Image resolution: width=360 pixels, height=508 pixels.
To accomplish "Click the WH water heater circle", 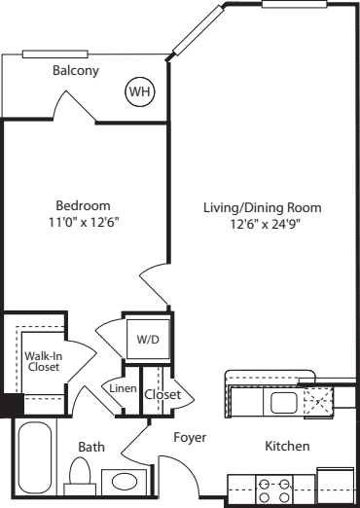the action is click(140, 91).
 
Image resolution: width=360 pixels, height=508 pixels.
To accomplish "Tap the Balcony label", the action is click(76, 71).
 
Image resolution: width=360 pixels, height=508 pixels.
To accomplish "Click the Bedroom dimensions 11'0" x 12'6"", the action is click(83, 223).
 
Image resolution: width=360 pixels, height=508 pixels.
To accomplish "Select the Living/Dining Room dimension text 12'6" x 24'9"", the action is click(263, 225).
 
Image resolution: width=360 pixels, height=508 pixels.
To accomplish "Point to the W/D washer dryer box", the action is click(148, 339).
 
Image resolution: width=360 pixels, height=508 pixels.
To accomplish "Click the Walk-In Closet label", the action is click(44, 361).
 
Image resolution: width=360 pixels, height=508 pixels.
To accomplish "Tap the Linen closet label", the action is click(123, 388).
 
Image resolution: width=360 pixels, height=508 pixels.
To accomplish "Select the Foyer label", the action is click(190, 437).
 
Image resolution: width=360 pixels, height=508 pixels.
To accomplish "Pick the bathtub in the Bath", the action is click(35, 457).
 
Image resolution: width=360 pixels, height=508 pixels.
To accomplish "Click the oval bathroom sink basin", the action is click(125, 482).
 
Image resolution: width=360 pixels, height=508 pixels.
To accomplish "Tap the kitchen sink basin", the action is click(284, 403).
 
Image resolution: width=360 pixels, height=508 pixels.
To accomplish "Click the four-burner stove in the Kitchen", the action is click(274, 490).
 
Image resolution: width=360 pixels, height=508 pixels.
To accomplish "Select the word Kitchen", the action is click(287, 446).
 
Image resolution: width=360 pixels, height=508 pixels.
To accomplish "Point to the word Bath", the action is click(91, 447).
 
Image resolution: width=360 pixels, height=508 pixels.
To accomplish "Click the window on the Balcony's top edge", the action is click(55, 54).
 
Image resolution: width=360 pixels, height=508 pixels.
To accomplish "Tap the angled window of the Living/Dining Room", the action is click(198, 30).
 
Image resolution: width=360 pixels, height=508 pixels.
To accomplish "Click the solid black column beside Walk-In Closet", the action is click(12, 405).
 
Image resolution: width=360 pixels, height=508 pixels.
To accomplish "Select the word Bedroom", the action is click(83, 205).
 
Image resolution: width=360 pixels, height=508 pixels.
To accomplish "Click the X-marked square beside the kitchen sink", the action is click(318, 402).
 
